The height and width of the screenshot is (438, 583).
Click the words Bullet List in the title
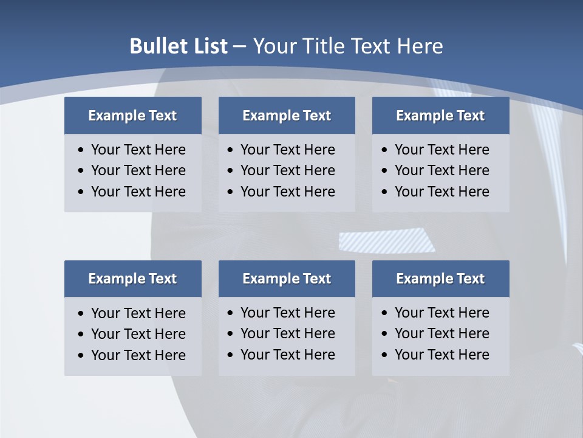pyautogui.click(x=179, y=46)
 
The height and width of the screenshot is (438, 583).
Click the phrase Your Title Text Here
pyautogui.click(x=347, y=46)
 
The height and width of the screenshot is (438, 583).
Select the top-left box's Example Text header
pyautogui.click(x=132, y=116)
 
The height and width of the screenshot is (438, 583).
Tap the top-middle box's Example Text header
pyautogui.click(x=287, y=116)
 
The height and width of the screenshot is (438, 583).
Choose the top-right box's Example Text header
pyautogui.click(x=440, y=116)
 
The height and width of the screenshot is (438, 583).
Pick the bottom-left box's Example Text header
pyautogui.click(x=132, y=279)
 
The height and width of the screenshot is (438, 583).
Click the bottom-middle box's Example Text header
pyautogui.click(x=287, y=279)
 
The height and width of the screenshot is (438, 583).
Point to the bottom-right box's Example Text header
pyautogui.click(x=440, y=279)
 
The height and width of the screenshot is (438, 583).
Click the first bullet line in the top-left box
pyautogui.click(x=138, y=150)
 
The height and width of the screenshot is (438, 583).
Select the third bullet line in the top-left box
pyautogui.click(x=138, y=192)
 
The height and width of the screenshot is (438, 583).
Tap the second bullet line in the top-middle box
pyautogui.click(x=287, y=170)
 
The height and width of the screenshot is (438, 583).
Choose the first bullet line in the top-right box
pyautogui.click(x=442, y=150)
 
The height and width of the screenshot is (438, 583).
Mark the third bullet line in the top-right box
pyautogui.click(x=442, y=192)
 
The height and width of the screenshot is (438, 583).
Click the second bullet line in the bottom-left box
pyautogui.click(x=138, y=334)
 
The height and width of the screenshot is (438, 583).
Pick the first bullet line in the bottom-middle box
pyautogui.click(x=287, y=313)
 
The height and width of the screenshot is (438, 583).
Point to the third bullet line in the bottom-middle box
pyautogui.click(x=287, y=355)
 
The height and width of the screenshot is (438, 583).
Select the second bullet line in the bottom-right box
pyautogui.click(x=442, y=333)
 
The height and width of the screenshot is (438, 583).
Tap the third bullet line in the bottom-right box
pyautogui.click(x=442, y=355)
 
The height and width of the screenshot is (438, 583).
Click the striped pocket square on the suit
pyautogui.click(x=387, y=240)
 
